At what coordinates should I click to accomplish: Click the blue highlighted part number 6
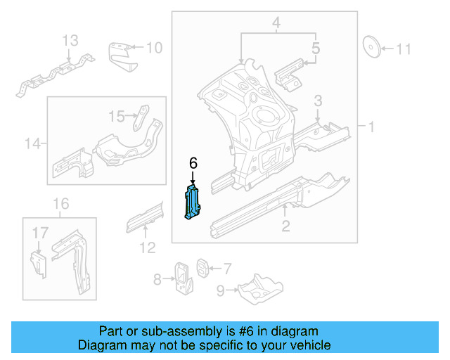[x=193, y=202]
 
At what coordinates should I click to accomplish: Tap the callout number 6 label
[x=193, y=163]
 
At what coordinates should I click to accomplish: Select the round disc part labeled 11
[x=371, y=47]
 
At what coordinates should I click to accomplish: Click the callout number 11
[x=403, y=49]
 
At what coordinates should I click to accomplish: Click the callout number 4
[x=276, y=25]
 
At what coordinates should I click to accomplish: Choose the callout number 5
[x=316, y=49]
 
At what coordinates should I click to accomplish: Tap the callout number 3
[x=318, y=101]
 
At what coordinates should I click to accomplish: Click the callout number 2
[x=285, y=226]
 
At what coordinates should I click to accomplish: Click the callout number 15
[x=117, y=115]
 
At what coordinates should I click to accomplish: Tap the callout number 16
[x=61, y=204]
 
